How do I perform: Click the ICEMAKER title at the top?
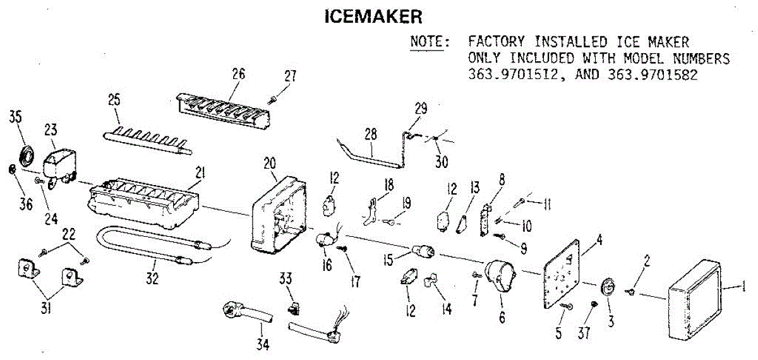(x=373, y=16)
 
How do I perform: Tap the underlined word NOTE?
(x=430, y=42)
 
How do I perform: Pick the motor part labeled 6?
(x=499, y=278)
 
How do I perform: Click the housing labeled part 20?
(x=278, y=212)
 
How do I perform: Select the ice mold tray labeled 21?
(x=145, y=202)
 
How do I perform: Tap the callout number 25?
(x=114, y=100)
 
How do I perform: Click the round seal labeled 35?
(x=27, y=156)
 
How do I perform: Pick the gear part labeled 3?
(x=608, y=287)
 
